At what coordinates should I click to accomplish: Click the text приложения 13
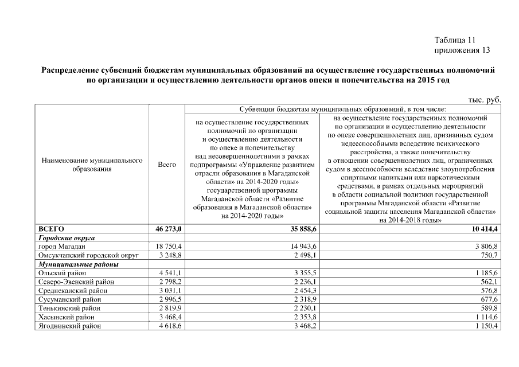pos(462,50)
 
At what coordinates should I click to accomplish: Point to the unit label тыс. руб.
pos(485,100)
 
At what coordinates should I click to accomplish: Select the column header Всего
pos(166,165)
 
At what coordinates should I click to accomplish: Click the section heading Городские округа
pos(66,237)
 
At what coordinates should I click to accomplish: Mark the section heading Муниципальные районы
pos(78,264)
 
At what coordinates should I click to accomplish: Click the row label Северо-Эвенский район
pos(76,282)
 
